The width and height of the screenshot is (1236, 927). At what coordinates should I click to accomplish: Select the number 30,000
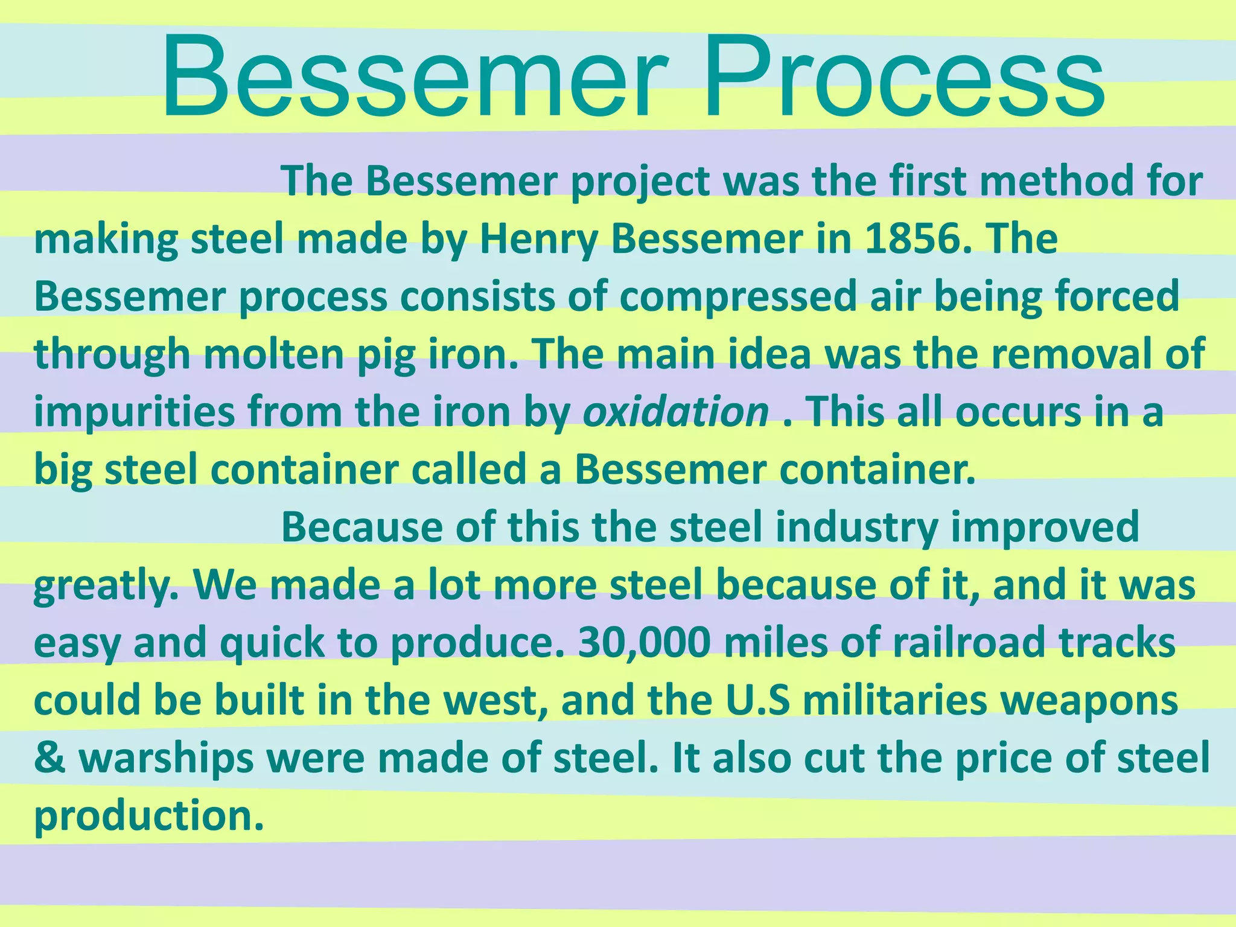pos(644,643)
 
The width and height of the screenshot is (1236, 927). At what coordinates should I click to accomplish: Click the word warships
pos(166,759)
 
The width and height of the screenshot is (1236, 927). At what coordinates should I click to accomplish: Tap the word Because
pos(362,527)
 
